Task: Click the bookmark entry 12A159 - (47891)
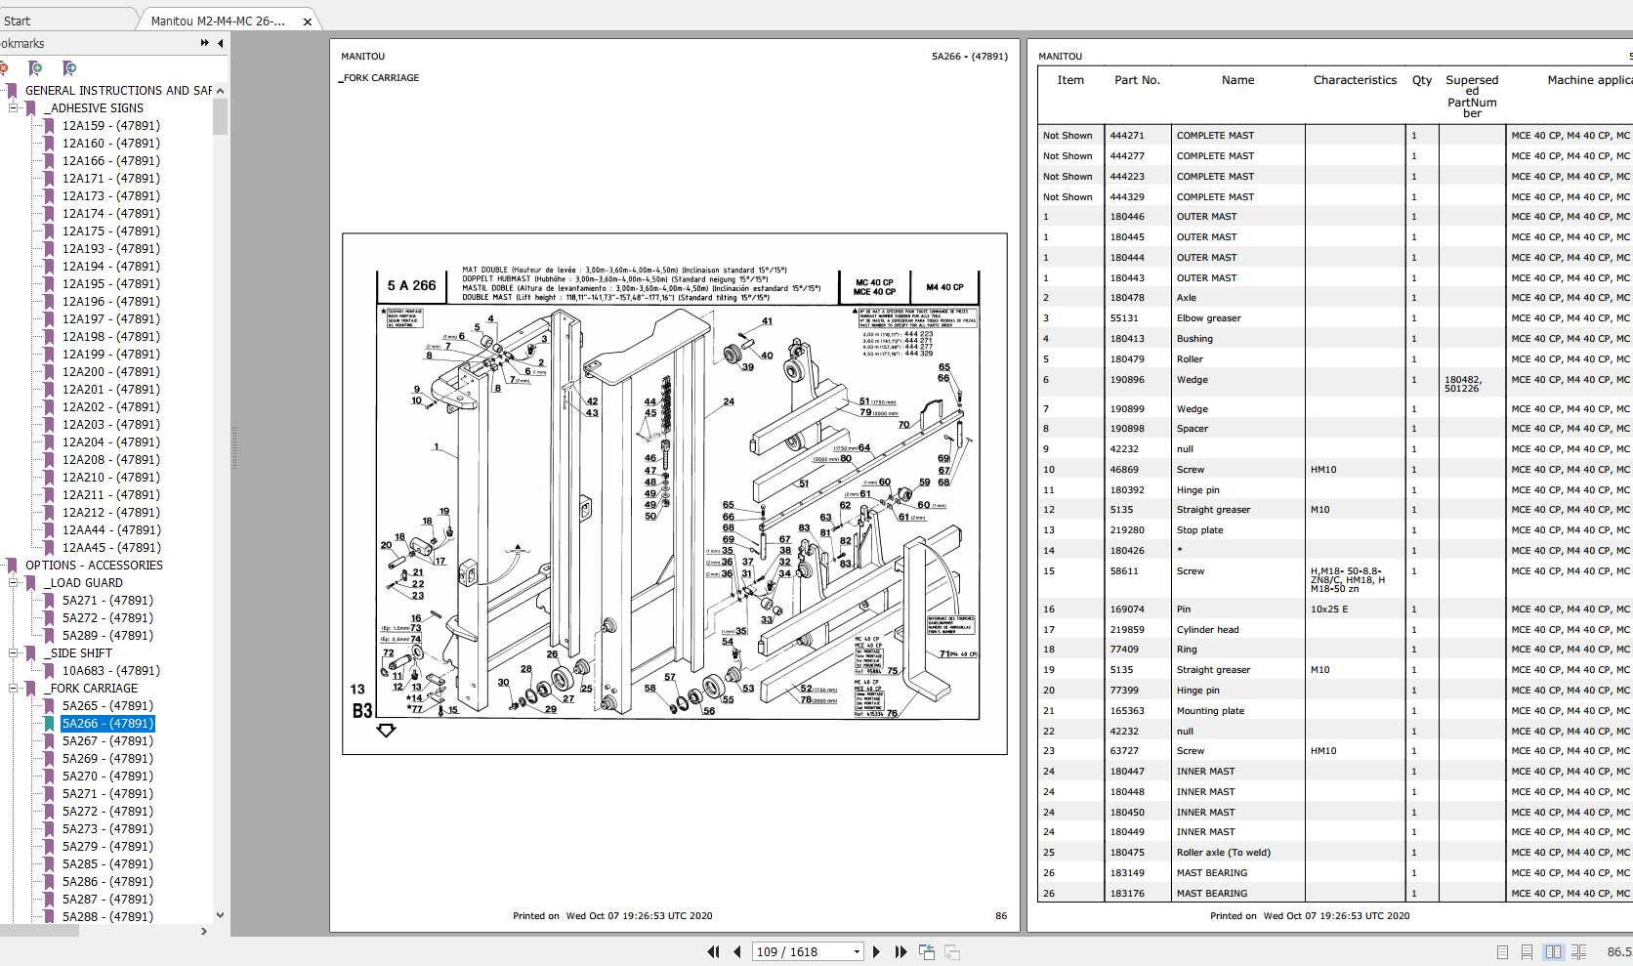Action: [110, 126]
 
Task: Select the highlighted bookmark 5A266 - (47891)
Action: [107, 724]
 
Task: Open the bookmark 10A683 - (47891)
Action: [110, 671]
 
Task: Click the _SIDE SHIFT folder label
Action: [81, 653]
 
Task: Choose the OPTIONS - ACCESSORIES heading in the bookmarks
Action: [94, 566]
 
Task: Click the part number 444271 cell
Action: [1126, 136]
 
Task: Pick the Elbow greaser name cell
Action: [1208, 318]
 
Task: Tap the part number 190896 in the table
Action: [1126, 380]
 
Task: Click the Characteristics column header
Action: [1355, 80]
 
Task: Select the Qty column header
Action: [1421, 80]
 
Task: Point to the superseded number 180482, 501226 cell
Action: [1462, 384]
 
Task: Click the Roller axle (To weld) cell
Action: [1223, 853]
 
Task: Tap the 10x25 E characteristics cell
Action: [1328, 609]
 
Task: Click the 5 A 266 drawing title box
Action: [411, 286]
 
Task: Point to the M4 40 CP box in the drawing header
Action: [944, 287]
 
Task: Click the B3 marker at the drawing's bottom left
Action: [362, 711]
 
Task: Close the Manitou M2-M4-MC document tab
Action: [308, 21]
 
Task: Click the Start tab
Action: [18, 21]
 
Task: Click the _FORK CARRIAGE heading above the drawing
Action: [380, 78]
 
